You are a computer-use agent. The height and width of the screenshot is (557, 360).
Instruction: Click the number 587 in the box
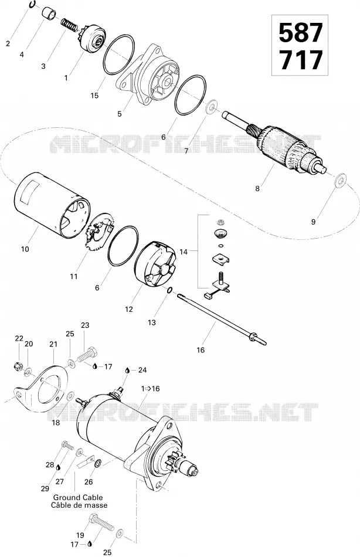coord(300,33)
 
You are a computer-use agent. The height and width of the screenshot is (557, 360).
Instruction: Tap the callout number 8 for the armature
coord(257,189)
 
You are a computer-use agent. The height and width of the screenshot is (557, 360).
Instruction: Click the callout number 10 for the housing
coord(25,249)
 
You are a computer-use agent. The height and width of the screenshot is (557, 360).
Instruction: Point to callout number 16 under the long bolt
coord(201,350)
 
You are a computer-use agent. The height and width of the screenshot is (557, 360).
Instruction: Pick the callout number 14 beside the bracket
coord(184,252)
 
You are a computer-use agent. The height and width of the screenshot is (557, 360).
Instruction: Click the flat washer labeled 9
coord(340,180)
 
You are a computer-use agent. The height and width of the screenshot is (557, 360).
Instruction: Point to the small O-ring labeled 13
coord(169,291)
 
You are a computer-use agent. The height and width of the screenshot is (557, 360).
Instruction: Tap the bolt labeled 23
coord(87,354)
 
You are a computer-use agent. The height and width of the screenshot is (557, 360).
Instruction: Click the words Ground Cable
coord(78,497)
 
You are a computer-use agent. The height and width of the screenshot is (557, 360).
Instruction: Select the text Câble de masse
coord(79,505)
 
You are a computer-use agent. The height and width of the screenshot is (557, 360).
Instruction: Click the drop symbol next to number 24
coord(127,370)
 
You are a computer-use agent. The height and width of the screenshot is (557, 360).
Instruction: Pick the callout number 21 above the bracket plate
coord(53,344)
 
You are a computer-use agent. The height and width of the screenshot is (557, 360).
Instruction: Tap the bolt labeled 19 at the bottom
coord(101,528)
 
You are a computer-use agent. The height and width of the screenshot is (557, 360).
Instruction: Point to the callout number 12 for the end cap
coord(129,310)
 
